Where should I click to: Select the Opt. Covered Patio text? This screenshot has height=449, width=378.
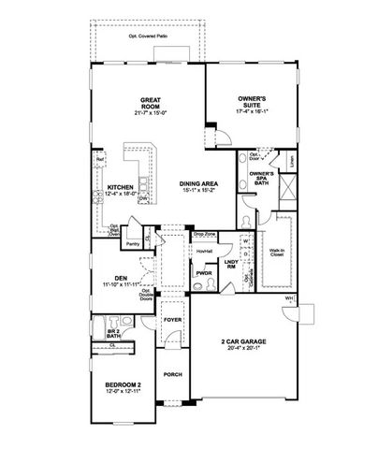tap(146, 36)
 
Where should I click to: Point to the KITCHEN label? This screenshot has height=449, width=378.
tap(118, 188)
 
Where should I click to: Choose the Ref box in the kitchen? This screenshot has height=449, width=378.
tap(98, 159)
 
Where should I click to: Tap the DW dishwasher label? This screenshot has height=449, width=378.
tap(141, 199)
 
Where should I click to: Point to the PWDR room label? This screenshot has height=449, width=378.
tap(201, 274)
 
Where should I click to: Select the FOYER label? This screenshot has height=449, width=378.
tap(171, 319)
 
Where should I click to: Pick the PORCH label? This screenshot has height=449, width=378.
tap(172, 377)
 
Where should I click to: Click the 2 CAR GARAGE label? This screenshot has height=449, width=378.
tap(240, 344)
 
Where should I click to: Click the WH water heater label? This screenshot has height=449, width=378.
tap(289, 298)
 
